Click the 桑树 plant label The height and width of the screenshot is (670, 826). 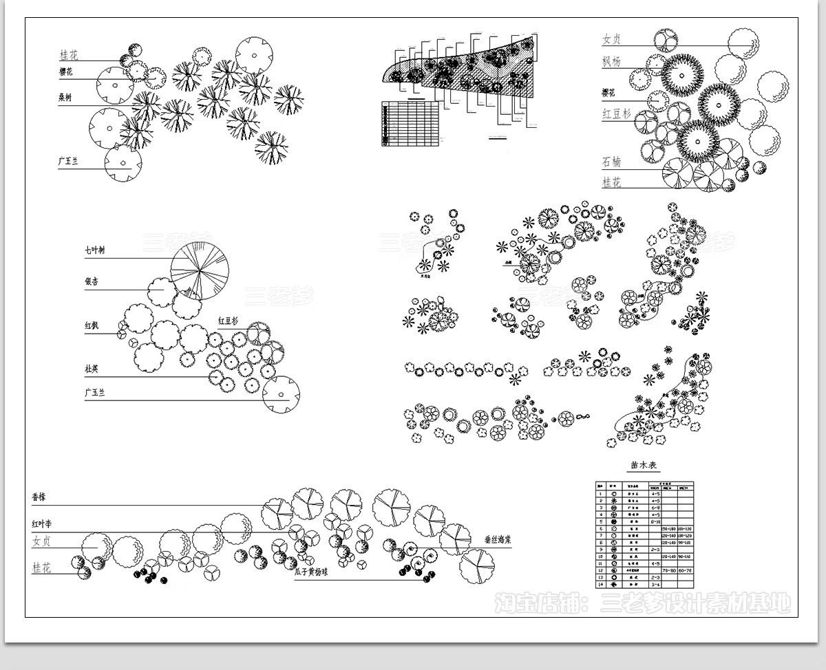(x=65, y=98)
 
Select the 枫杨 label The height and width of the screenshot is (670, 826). (x=611, y=62)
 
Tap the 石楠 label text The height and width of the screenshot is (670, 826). (x=611, y=162)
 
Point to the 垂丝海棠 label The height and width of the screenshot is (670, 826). (x=498, y=540)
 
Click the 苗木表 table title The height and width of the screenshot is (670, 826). (x=644, y=466)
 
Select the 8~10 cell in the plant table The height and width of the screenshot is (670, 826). (x=655, y=521)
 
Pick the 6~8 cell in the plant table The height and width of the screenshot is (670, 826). (x=655, y=508)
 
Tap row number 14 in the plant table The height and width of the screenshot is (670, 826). (x=600, y=584)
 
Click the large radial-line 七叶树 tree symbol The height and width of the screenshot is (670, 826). (x=200, y=271)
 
